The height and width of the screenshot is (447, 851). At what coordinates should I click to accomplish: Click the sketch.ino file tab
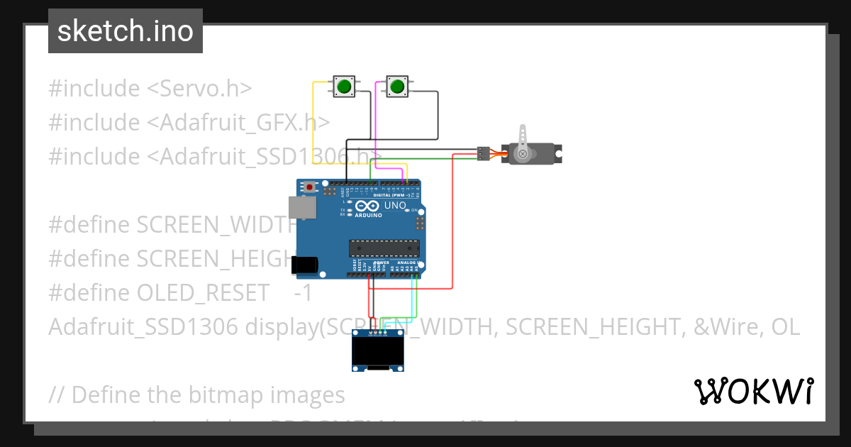pyautogui.click(x=126, y=31)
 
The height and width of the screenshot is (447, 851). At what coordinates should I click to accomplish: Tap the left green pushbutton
pyautogui.click(x=344, y=87)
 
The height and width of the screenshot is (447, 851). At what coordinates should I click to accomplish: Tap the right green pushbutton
pyautogui.click(x=396, y=87)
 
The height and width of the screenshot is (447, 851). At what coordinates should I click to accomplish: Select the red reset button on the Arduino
pyautogui.click(x=309, y=187)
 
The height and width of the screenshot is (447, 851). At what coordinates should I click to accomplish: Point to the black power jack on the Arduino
pyautogui.click(x=305, y=265)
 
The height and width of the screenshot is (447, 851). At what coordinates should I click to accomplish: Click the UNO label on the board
pyautogui.click(x=395, y=206)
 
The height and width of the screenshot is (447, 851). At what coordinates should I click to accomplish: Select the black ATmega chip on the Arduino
pyautogui.click(x=384, y=248)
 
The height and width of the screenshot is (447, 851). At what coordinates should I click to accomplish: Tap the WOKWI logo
pyautogui.click(x=753, y=391)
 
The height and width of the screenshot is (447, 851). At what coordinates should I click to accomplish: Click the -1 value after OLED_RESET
pyautogui.click(x=303, y=292)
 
